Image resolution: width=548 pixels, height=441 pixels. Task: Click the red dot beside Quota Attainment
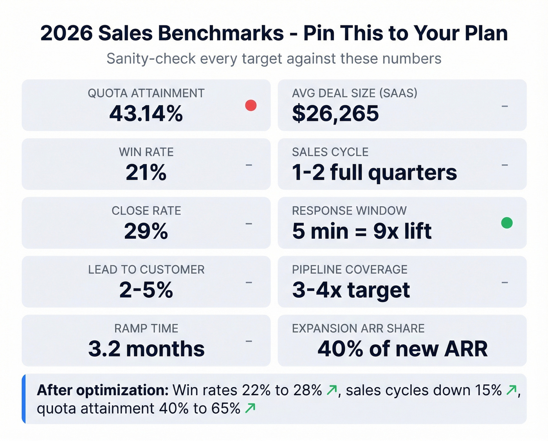(251, 105)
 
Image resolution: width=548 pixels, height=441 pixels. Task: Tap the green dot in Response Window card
(507, 223)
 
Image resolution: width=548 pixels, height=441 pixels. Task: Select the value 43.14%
(146, 114)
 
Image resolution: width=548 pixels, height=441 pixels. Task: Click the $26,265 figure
(335, 114)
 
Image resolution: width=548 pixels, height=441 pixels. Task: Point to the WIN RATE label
(146, 152)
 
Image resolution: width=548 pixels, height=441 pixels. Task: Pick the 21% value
(146, 173)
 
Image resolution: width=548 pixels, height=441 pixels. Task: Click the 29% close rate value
(146, 231)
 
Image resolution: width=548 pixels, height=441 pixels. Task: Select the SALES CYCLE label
(330, 152)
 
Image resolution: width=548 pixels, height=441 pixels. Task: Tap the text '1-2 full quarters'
(374, 173)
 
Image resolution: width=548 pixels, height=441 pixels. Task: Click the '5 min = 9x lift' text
(362, 231)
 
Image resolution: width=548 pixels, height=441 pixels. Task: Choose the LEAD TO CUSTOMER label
(146, 269)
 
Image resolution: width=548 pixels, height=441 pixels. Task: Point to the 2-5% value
(146, 290)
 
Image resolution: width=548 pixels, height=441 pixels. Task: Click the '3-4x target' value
(351, 290)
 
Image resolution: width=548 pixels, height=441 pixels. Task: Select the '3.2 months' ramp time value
(146, 349)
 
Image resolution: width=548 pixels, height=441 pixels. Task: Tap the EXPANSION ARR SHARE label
(358, 328)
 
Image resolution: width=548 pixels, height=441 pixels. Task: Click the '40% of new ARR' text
(402, 349)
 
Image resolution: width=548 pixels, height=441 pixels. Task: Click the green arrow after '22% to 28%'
(332, 390)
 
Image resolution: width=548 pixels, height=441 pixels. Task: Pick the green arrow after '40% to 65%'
(250, 408)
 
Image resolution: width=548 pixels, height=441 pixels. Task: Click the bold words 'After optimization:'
(103, 390)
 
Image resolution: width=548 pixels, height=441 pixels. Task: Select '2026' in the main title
(66, 33)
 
